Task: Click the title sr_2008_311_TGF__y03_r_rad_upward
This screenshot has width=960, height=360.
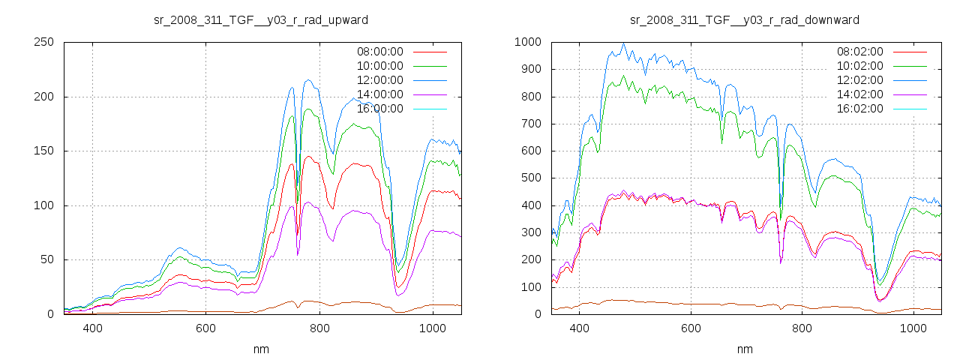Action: pos(261,19)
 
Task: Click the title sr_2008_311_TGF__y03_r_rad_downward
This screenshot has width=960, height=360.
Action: pos(745,19)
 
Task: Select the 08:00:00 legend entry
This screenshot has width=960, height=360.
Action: pos(379,52)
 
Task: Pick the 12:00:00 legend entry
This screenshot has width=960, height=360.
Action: pos(379,80)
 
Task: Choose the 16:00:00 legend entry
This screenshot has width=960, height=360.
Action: pos(379,109)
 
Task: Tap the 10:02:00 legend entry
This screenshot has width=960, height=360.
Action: pos(859,66)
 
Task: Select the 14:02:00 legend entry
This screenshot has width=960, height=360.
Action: pos(859,94)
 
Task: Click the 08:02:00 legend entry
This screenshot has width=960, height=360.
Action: pos(859,52)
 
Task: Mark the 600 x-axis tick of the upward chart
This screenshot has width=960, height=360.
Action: pos(206,328)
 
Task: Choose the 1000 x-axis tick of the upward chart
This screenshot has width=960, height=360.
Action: pos(432,328)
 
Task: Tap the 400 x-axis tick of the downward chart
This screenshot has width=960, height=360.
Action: pos(579,328)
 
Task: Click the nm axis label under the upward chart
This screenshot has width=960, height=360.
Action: pos(261,349)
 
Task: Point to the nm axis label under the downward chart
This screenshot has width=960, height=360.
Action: pos(745,349)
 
